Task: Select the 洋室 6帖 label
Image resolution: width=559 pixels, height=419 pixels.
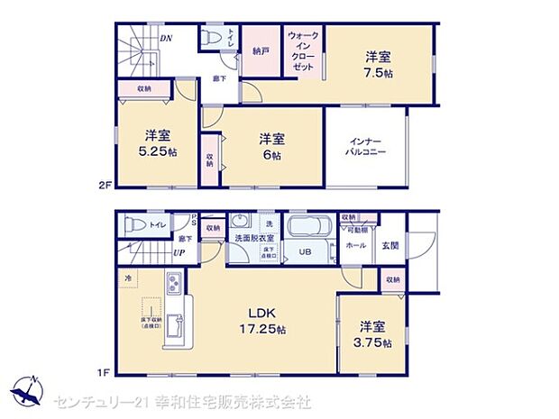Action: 271,146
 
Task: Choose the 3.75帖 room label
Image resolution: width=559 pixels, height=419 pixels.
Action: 373,334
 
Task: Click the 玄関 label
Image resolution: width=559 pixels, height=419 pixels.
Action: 390,245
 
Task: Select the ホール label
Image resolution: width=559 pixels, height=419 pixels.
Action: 356,244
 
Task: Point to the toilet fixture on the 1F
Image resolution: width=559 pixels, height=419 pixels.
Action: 134,225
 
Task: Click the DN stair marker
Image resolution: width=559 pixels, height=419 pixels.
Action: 166,39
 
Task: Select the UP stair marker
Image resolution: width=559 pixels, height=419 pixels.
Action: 179,253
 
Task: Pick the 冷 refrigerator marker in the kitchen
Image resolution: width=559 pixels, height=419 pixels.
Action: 129,279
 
